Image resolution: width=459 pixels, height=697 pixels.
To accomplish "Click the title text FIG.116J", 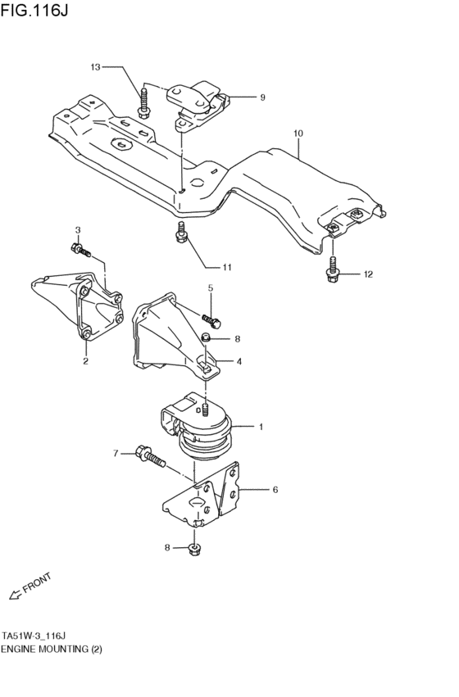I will pyautogui.click(x=34, y=11).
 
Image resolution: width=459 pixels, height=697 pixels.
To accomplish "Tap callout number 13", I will pyautogui.click(x=95, y=67).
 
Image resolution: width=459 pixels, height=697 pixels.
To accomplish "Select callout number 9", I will pyautogui.click(x=262, y=97).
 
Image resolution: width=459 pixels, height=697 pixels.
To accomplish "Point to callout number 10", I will pyautogui.click(x=298, y=132).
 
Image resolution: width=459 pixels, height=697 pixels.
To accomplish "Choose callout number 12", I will pyautogui.click(x=368, y=274).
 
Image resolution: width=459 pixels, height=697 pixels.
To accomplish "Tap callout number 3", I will pyautogui.click(x=78, y=230).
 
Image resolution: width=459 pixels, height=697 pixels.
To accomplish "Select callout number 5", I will pyautogui.click(x=210, y=287).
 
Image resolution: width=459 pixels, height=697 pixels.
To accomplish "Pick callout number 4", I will pyautogui.click(x=239, y=361).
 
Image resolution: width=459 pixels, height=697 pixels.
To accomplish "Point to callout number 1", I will pyautogui.click(x=261, y=427).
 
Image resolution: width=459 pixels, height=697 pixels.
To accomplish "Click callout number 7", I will pyautogui.click(x=116, y=452).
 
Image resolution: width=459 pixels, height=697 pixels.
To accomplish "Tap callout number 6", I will pyautogui.click(x=275, y=490).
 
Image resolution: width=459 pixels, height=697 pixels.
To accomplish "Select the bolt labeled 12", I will pyautogui.click(x=333, y=273).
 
